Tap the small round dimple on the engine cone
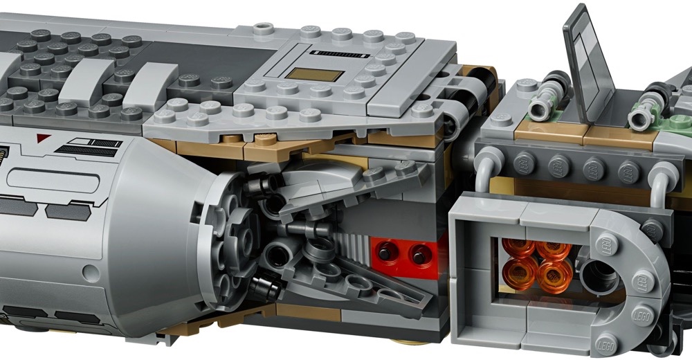click(x=91, y=272)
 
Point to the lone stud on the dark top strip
click(x=262, y=29)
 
